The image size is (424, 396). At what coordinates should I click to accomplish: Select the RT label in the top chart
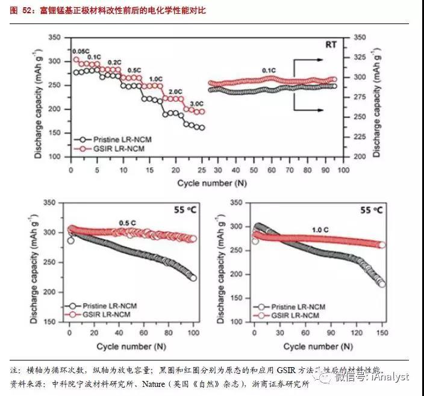[331, 45]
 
